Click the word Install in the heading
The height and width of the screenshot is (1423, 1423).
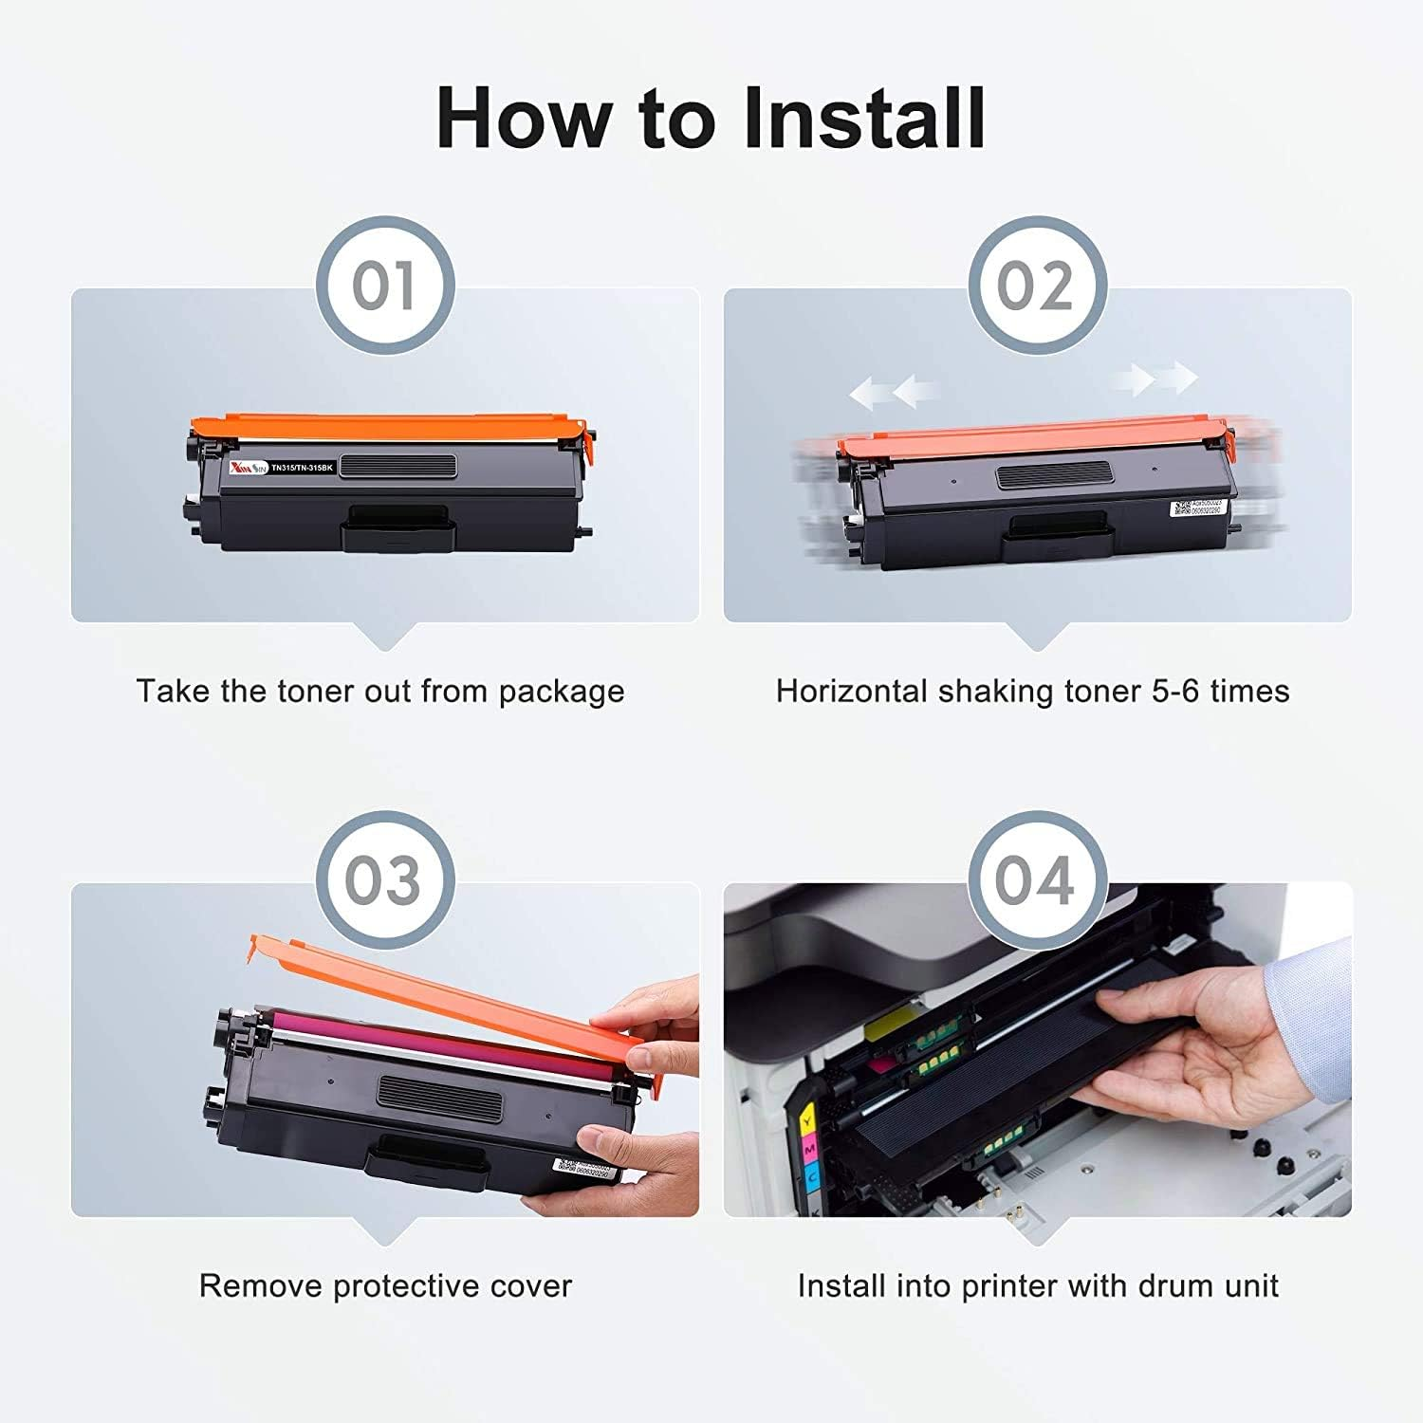point(863,119)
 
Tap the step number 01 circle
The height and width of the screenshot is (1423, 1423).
point(384,286)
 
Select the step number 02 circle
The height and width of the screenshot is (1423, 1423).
point(1036,286)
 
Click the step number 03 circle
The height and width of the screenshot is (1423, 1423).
point(384,880)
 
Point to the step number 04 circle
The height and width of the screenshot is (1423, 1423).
point(1036,880)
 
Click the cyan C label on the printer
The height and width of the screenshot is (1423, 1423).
point(813,1177)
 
